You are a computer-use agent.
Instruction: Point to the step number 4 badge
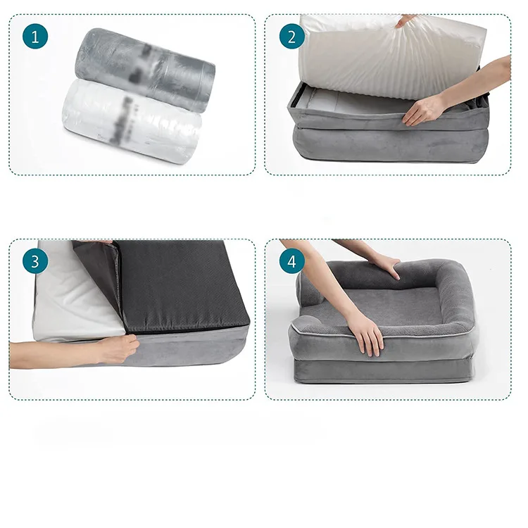(x=291, y=262)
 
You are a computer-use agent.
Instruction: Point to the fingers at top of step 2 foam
(x=406, y=20)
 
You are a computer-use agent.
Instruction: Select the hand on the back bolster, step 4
(x=384, y=266)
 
